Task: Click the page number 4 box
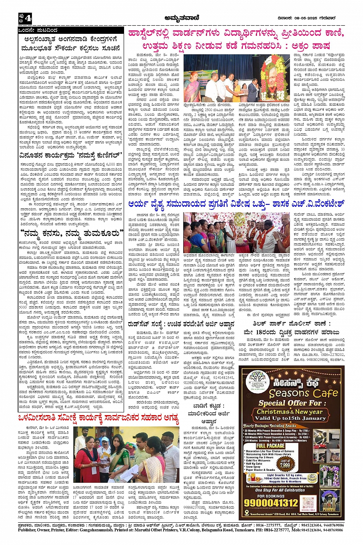tap(26, 18)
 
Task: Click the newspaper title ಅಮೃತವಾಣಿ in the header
tap(181, 18)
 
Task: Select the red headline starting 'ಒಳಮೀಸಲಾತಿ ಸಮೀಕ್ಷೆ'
tap(99, 418)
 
